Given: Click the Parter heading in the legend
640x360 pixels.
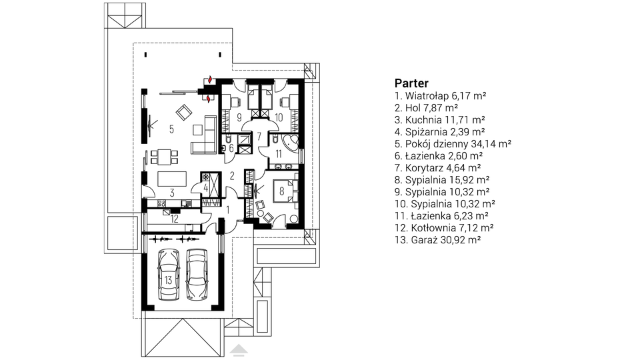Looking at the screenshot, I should (411, 83).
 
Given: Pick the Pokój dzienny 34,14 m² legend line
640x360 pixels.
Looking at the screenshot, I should (453, 143).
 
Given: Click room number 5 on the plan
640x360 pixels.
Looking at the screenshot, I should (171, 129).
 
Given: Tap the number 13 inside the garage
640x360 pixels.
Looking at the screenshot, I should (168, 280).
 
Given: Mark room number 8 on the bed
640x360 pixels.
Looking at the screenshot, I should (282, 191).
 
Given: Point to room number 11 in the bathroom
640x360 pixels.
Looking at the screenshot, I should (279, 154).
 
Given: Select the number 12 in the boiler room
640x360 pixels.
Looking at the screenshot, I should (173, 217).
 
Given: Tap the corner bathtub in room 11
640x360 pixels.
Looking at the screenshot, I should (289, 139).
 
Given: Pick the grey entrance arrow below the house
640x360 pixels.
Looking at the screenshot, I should (237, 347).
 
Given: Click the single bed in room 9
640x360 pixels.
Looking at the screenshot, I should (234, 101).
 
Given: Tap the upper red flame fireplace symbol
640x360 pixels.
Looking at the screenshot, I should (211, 79).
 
